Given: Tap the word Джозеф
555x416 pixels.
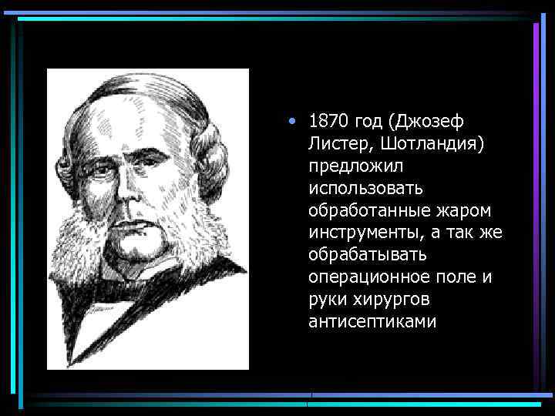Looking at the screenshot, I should pyautogui.click(x=433, y=122).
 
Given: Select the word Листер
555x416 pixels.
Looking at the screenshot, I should pyautogui.click(x=335, y=144).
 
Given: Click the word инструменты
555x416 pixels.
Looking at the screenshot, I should pyautogui.click(x=366, y=233).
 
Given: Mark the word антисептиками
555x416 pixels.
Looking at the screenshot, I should pyautogui.click(x=372, y=321).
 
